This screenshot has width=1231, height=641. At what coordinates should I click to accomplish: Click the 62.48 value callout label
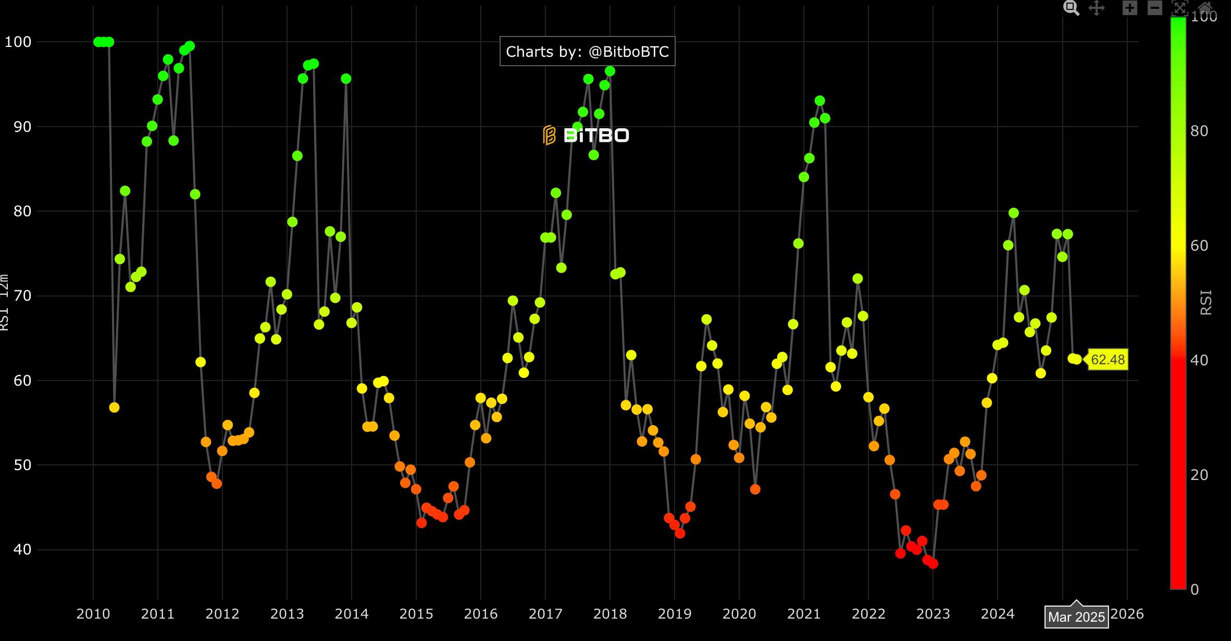coord(1108,360)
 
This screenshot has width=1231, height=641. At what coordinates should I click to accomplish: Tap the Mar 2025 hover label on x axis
coord(1076,617)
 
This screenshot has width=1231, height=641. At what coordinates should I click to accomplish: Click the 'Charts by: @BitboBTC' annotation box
coord(587,52)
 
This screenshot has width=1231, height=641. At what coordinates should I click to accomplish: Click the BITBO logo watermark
coord(586,135)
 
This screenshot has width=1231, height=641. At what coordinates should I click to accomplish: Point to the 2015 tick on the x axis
coord(416,614)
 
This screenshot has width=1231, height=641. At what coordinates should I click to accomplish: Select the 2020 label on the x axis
coord(739,614)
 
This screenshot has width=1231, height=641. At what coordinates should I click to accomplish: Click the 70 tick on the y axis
coord(22,296)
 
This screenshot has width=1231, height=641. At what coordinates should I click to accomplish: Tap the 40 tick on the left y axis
coord(22,549)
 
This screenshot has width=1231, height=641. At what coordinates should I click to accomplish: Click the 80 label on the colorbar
coord(1199,131)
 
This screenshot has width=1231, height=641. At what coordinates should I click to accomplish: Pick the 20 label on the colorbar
coord(1199,475)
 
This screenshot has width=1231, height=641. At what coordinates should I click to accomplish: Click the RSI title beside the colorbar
coord(1206,302)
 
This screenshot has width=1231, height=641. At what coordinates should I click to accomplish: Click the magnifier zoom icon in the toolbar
coord(1071,8)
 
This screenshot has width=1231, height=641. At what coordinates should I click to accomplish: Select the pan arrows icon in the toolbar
coord(1097,8)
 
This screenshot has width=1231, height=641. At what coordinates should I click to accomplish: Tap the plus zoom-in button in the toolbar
coord(1129,8)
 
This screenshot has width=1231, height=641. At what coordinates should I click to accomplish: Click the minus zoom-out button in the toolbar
coord(1154,8)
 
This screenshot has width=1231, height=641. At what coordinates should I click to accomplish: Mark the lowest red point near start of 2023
coord(932,563)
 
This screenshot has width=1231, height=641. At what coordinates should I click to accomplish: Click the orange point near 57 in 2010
coord(114,408)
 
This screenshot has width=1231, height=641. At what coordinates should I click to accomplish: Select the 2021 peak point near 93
coord(819,101)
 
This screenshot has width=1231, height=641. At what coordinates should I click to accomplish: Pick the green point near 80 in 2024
coord(1013,213)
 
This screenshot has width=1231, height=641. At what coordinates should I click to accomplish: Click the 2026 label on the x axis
coord(1127,614)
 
